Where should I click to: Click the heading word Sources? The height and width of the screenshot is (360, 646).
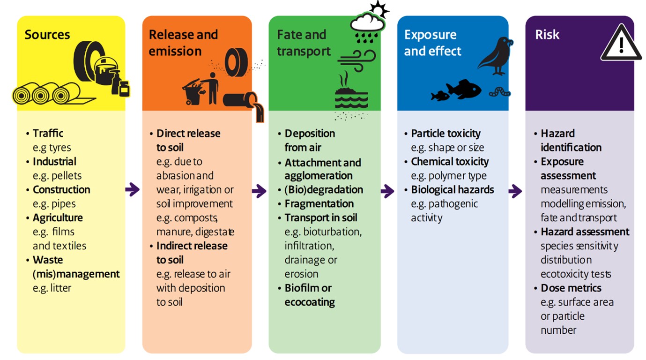point(47,35)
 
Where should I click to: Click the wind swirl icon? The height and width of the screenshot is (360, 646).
point(356,58)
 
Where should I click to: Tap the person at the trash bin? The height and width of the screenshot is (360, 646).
point(212,88)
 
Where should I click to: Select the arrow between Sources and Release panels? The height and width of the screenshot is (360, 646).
point(133,190)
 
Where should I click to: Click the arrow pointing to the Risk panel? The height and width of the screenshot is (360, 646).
point(515,191)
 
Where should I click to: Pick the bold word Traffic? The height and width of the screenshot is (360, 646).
point(48,134)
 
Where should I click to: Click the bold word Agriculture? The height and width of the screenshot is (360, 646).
point(58,218)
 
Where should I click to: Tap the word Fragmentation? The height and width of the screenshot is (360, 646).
point(319,204)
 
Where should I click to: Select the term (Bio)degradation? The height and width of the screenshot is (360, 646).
point(324,190)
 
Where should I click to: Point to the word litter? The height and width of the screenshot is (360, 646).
point(60,288)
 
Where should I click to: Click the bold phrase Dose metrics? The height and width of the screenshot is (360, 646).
point(571,288)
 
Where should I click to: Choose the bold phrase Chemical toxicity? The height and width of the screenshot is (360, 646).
point(450,162)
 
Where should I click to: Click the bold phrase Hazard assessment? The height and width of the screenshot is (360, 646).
point(585,232)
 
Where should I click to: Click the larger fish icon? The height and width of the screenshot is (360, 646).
point(464,89)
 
